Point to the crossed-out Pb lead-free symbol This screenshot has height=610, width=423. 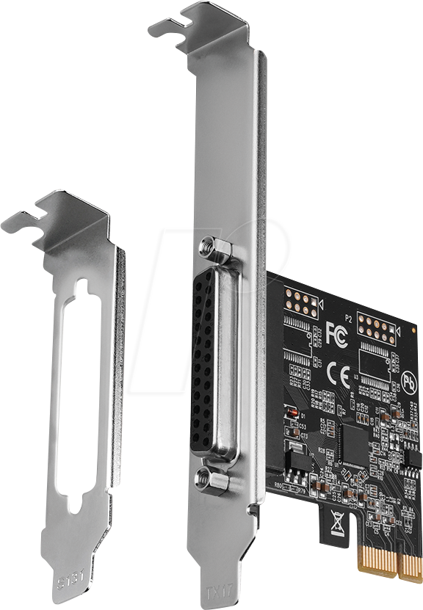(x=409, y=382)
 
